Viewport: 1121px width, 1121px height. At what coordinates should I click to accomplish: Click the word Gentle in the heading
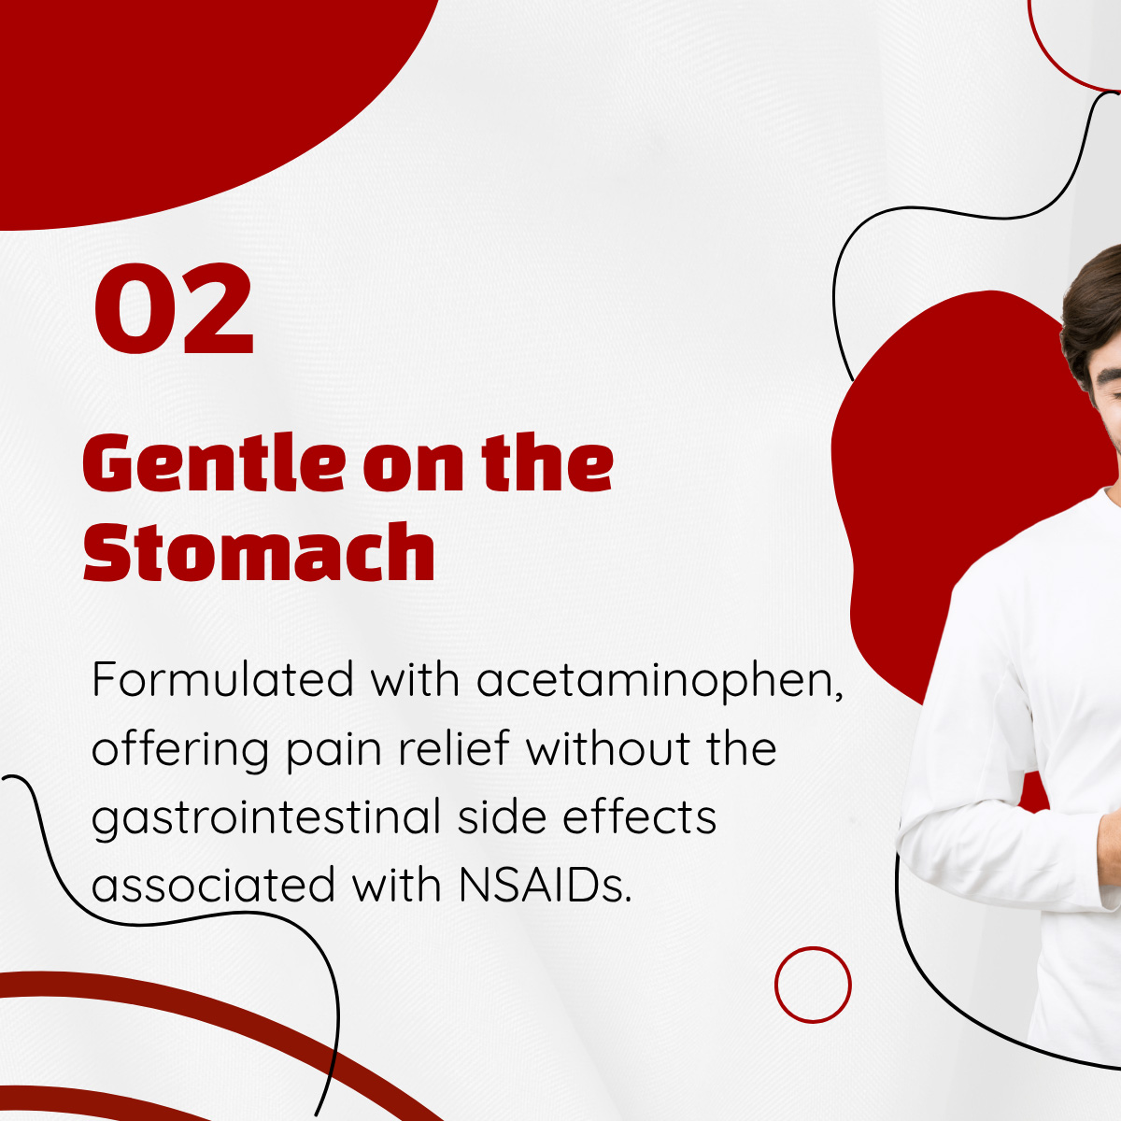[214, 463]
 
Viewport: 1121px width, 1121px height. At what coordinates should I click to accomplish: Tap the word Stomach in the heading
[259, 551]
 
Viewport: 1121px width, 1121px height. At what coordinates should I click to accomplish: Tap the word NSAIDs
[545, 885]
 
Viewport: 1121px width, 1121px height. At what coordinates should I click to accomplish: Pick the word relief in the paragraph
[454, 747]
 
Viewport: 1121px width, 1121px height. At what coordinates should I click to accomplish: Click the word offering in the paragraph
[180, 752]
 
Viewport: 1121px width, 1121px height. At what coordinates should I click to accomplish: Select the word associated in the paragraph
[214, 885]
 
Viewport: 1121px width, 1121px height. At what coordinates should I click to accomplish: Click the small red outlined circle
[813, 985]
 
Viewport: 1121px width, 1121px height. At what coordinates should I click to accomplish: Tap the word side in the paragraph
[502, 816]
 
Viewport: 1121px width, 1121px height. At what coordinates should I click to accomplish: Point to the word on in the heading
[412, 470]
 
